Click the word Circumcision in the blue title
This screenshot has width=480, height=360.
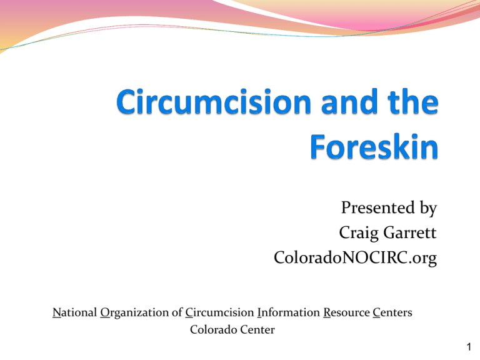coord(214,102)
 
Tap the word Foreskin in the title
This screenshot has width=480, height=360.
coord(374,146)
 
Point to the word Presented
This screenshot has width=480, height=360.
coord(377,207)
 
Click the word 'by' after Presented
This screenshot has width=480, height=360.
coord(428,209)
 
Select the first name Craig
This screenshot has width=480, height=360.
coord(359,233)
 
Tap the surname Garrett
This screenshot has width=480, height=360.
coord(409,232)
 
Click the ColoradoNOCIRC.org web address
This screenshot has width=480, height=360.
coord(355,257)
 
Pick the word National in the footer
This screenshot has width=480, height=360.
coord(75,312)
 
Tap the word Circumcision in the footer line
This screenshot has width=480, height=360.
coord(219,312)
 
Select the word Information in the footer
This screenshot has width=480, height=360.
coord(289,312)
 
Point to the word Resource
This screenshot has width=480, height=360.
coord(346,312)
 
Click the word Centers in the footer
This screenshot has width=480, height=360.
coord(392,312)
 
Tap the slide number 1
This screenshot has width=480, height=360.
coord(469,347)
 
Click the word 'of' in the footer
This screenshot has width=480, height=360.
coord(177,312)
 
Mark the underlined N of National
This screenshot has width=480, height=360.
coord(57,313)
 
